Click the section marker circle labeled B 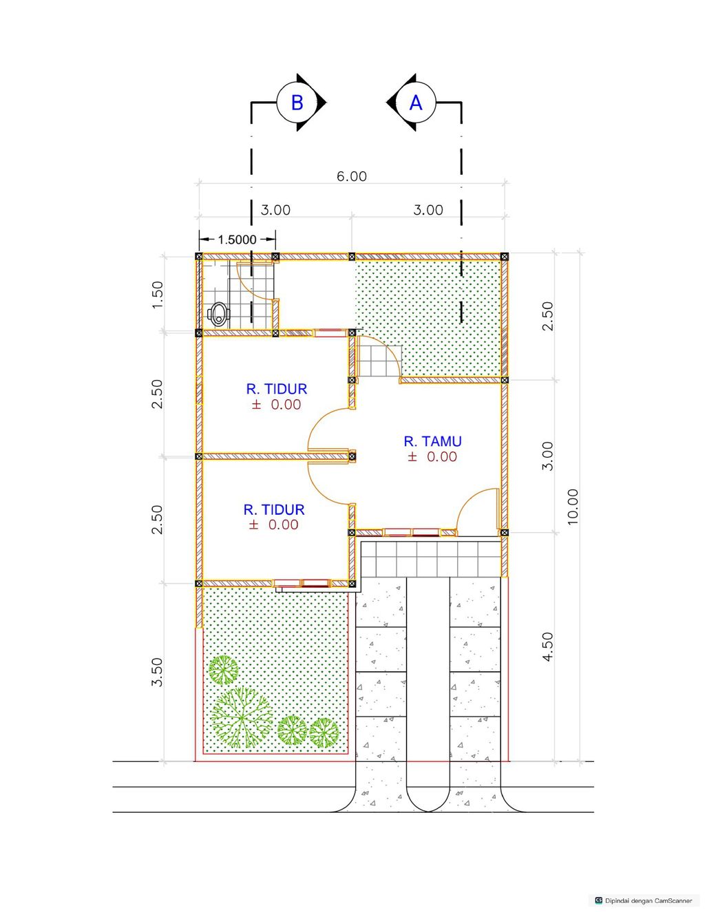[x=297, y=103]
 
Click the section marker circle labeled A [x=415, y=103]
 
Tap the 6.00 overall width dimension [x=352, y=176]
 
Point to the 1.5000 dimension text [x=237, y=240]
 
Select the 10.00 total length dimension [x=572, y=507]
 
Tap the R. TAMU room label [x=432, y=441]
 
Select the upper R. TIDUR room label [x=277, y=389]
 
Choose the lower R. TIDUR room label [x=274, y=509]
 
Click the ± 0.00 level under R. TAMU [x=432, y=456]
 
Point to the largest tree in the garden [x=241, y=718]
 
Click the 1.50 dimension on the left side [x=157, y=295]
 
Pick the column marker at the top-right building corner [x=505, y=256]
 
